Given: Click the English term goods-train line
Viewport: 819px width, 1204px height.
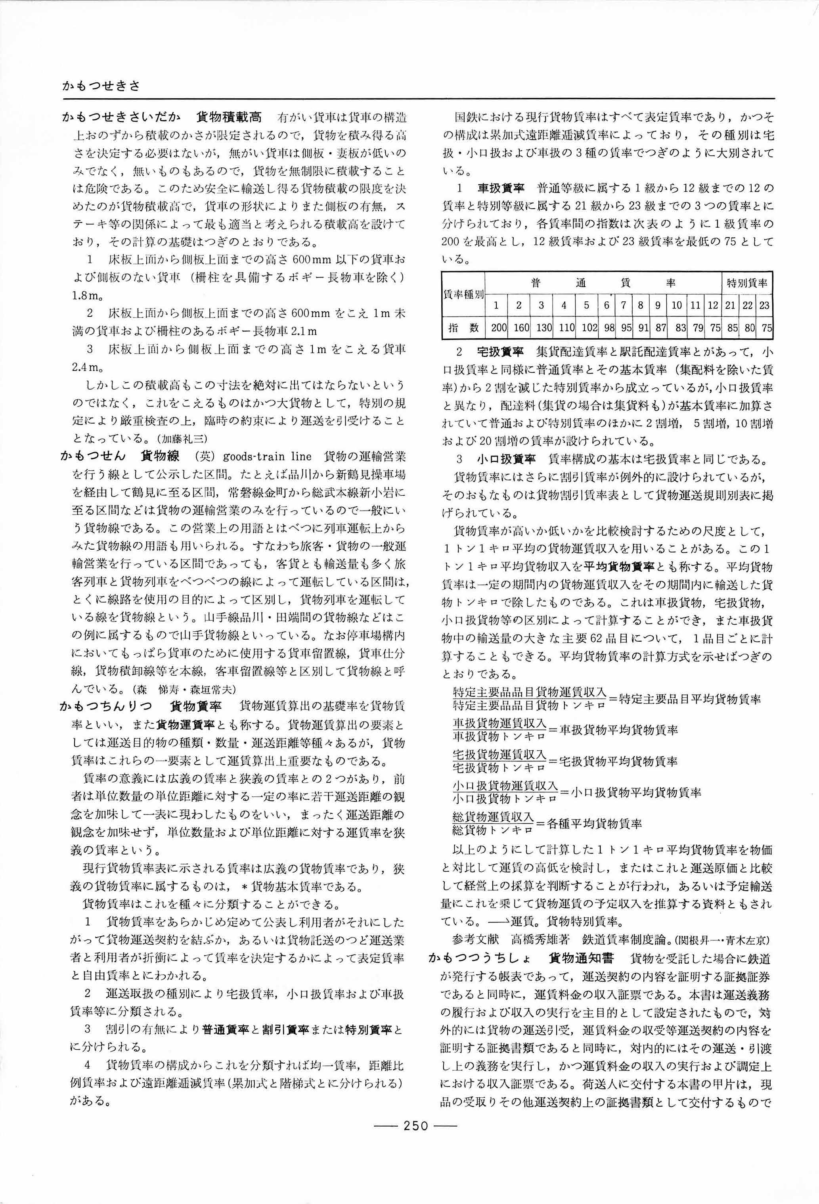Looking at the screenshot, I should coord(267,456).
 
